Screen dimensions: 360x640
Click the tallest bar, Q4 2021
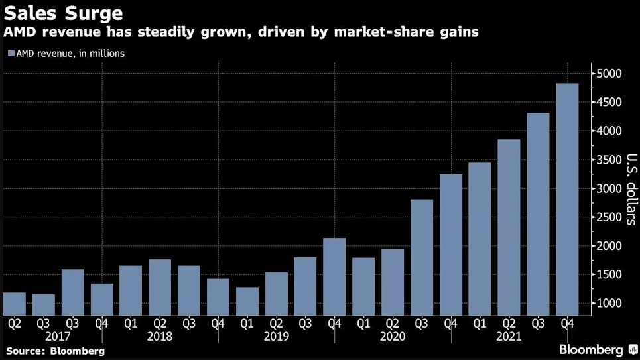(566, 199)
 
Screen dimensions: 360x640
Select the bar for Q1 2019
(247, 301)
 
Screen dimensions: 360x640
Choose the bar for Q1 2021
(480, 239)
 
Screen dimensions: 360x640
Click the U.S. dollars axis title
(631, 189)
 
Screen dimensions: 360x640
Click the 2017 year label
(58, 337)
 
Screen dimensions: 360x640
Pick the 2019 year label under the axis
(276, 337)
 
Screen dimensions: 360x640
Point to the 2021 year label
(509, 337)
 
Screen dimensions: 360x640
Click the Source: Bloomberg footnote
(56, 351)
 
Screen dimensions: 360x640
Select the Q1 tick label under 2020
(363, 324)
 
